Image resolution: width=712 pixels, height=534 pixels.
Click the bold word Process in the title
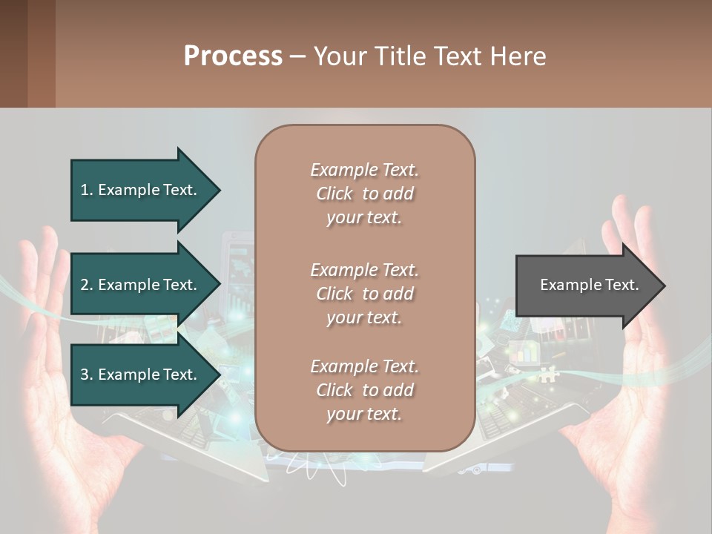coord(233,56)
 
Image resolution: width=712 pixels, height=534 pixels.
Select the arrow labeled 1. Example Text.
coord(141,190)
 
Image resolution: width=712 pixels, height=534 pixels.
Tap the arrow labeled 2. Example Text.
coord(141,285)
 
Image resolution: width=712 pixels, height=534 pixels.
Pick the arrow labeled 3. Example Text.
coord(141,375)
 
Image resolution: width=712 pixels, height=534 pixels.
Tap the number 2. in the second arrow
coord(87,285)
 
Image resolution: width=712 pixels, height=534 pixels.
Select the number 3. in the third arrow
coord(87,375)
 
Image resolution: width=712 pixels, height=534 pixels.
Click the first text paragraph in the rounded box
coord(364,194)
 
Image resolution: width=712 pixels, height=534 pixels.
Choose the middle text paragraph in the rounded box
coord(364,294)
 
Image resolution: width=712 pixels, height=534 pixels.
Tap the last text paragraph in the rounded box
coord(364,390)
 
